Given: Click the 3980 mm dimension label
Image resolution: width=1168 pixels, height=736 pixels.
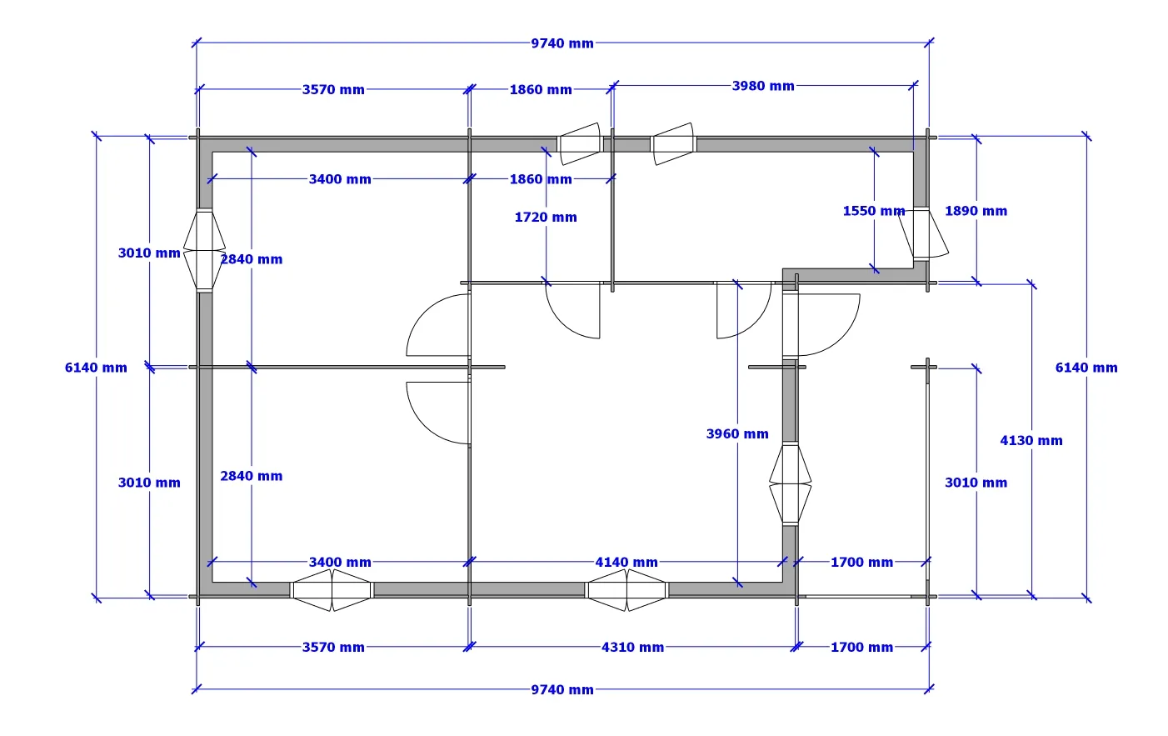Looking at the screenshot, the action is [x=763, y=86].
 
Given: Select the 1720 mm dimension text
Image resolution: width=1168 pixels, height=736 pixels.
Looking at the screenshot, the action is [x=546, y=218].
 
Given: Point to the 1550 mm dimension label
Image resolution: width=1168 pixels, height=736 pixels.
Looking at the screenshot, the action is [x=874, y=211].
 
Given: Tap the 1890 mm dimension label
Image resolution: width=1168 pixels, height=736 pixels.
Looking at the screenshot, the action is [x=976, y=211].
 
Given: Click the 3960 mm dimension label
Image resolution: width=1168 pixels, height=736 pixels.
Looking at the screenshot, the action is [x=737, y=434].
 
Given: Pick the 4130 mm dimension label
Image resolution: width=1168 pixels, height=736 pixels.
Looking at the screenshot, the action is [x=1031, y=441].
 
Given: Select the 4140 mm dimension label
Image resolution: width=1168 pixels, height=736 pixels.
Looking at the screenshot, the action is [x=626, y=563].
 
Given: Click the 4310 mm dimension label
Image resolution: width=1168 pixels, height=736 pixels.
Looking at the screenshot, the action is [x=632, y=648].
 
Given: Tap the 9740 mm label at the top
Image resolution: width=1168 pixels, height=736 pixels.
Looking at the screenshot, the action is [x=562, y=43].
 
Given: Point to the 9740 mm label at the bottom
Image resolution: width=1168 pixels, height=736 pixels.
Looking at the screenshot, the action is [x=562, y=690].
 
